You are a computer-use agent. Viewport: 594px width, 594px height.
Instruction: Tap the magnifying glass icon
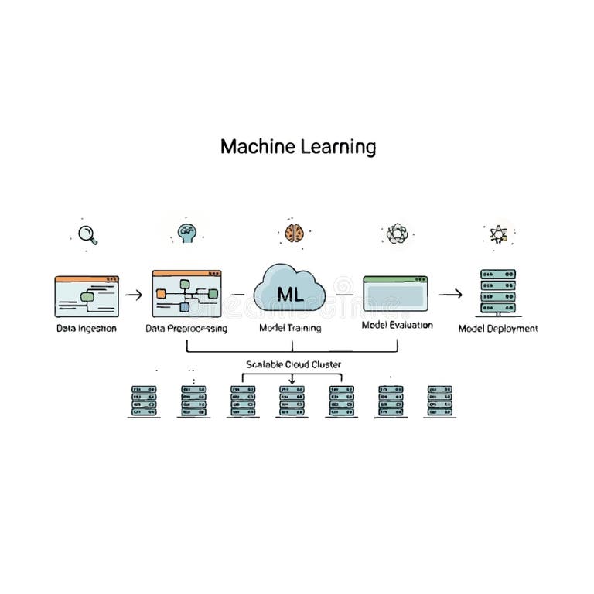click(x=87, y=233)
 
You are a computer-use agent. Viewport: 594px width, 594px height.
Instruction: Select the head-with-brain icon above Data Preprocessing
click(x=186, y=232)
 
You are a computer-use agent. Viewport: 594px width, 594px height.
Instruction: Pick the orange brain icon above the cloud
click(x=293, y=232)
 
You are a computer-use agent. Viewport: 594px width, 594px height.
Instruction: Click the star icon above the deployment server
click(x=497, y=234)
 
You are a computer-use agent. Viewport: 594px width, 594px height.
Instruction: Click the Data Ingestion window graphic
click(x=86, y=295)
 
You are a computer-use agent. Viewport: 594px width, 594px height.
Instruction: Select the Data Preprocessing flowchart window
click(x=186, y=294)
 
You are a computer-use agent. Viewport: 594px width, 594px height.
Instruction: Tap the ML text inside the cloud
click(x=289, y=295)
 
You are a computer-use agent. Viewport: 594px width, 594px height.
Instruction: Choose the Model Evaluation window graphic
click(x=395, y=295)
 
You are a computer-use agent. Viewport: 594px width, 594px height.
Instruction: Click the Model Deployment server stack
click(x=497, y=292)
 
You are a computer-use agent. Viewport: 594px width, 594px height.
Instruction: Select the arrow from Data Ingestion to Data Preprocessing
click(x=133, y=295)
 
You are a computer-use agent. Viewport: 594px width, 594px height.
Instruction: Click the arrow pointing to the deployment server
click(x=449, y=294)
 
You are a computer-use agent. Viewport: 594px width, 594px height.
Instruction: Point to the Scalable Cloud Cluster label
click(x=293, y=364)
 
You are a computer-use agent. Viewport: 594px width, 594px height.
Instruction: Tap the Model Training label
click(x=290, y=328)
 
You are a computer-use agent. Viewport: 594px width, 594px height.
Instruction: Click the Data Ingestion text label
click(x=86, y=328)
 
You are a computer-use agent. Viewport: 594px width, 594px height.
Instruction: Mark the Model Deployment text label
click(x=497, y=328)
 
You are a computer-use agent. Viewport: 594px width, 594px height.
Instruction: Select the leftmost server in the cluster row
click(x=144, y=401)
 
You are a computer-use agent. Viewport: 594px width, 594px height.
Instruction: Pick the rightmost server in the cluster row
click(x=439, y=401)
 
